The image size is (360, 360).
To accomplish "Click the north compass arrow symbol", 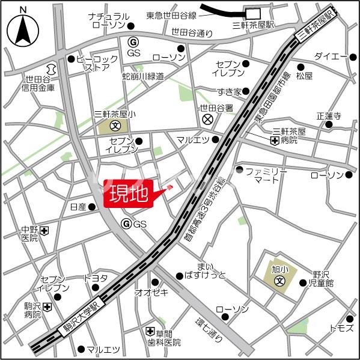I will [x=22, y=29].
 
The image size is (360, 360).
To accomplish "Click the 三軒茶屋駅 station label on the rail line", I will [x=313, y=28].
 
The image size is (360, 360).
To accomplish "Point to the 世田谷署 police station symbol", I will [x=207, y=120].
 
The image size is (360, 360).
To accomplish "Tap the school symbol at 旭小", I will [x=279, y=280].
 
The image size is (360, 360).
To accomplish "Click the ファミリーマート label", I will [x=266, y=175].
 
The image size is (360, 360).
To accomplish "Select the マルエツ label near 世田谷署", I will [x=193, y=139].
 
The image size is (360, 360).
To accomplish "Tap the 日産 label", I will [x=78, y=207].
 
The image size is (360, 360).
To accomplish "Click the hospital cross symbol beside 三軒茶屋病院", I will [x=274, y=141].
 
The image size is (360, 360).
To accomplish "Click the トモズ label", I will [x=341, y=328].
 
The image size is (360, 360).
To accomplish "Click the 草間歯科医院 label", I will [x=168, y=338].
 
